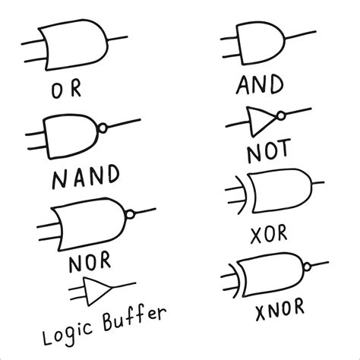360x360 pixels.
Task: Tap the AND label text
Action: (260, 85)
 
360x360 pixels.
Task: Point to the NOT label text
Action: (267, 153)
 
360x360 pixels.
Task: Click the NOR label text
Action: (90, 264)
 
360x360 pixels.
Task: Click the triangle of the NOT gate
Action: (260, 119)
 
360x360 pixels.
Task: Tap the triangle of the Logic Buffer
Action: (96, 289)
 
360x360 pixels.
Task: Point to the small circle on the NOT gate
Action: (281, 116)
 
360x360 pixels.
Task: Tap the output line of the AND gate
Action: (299, 35)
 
